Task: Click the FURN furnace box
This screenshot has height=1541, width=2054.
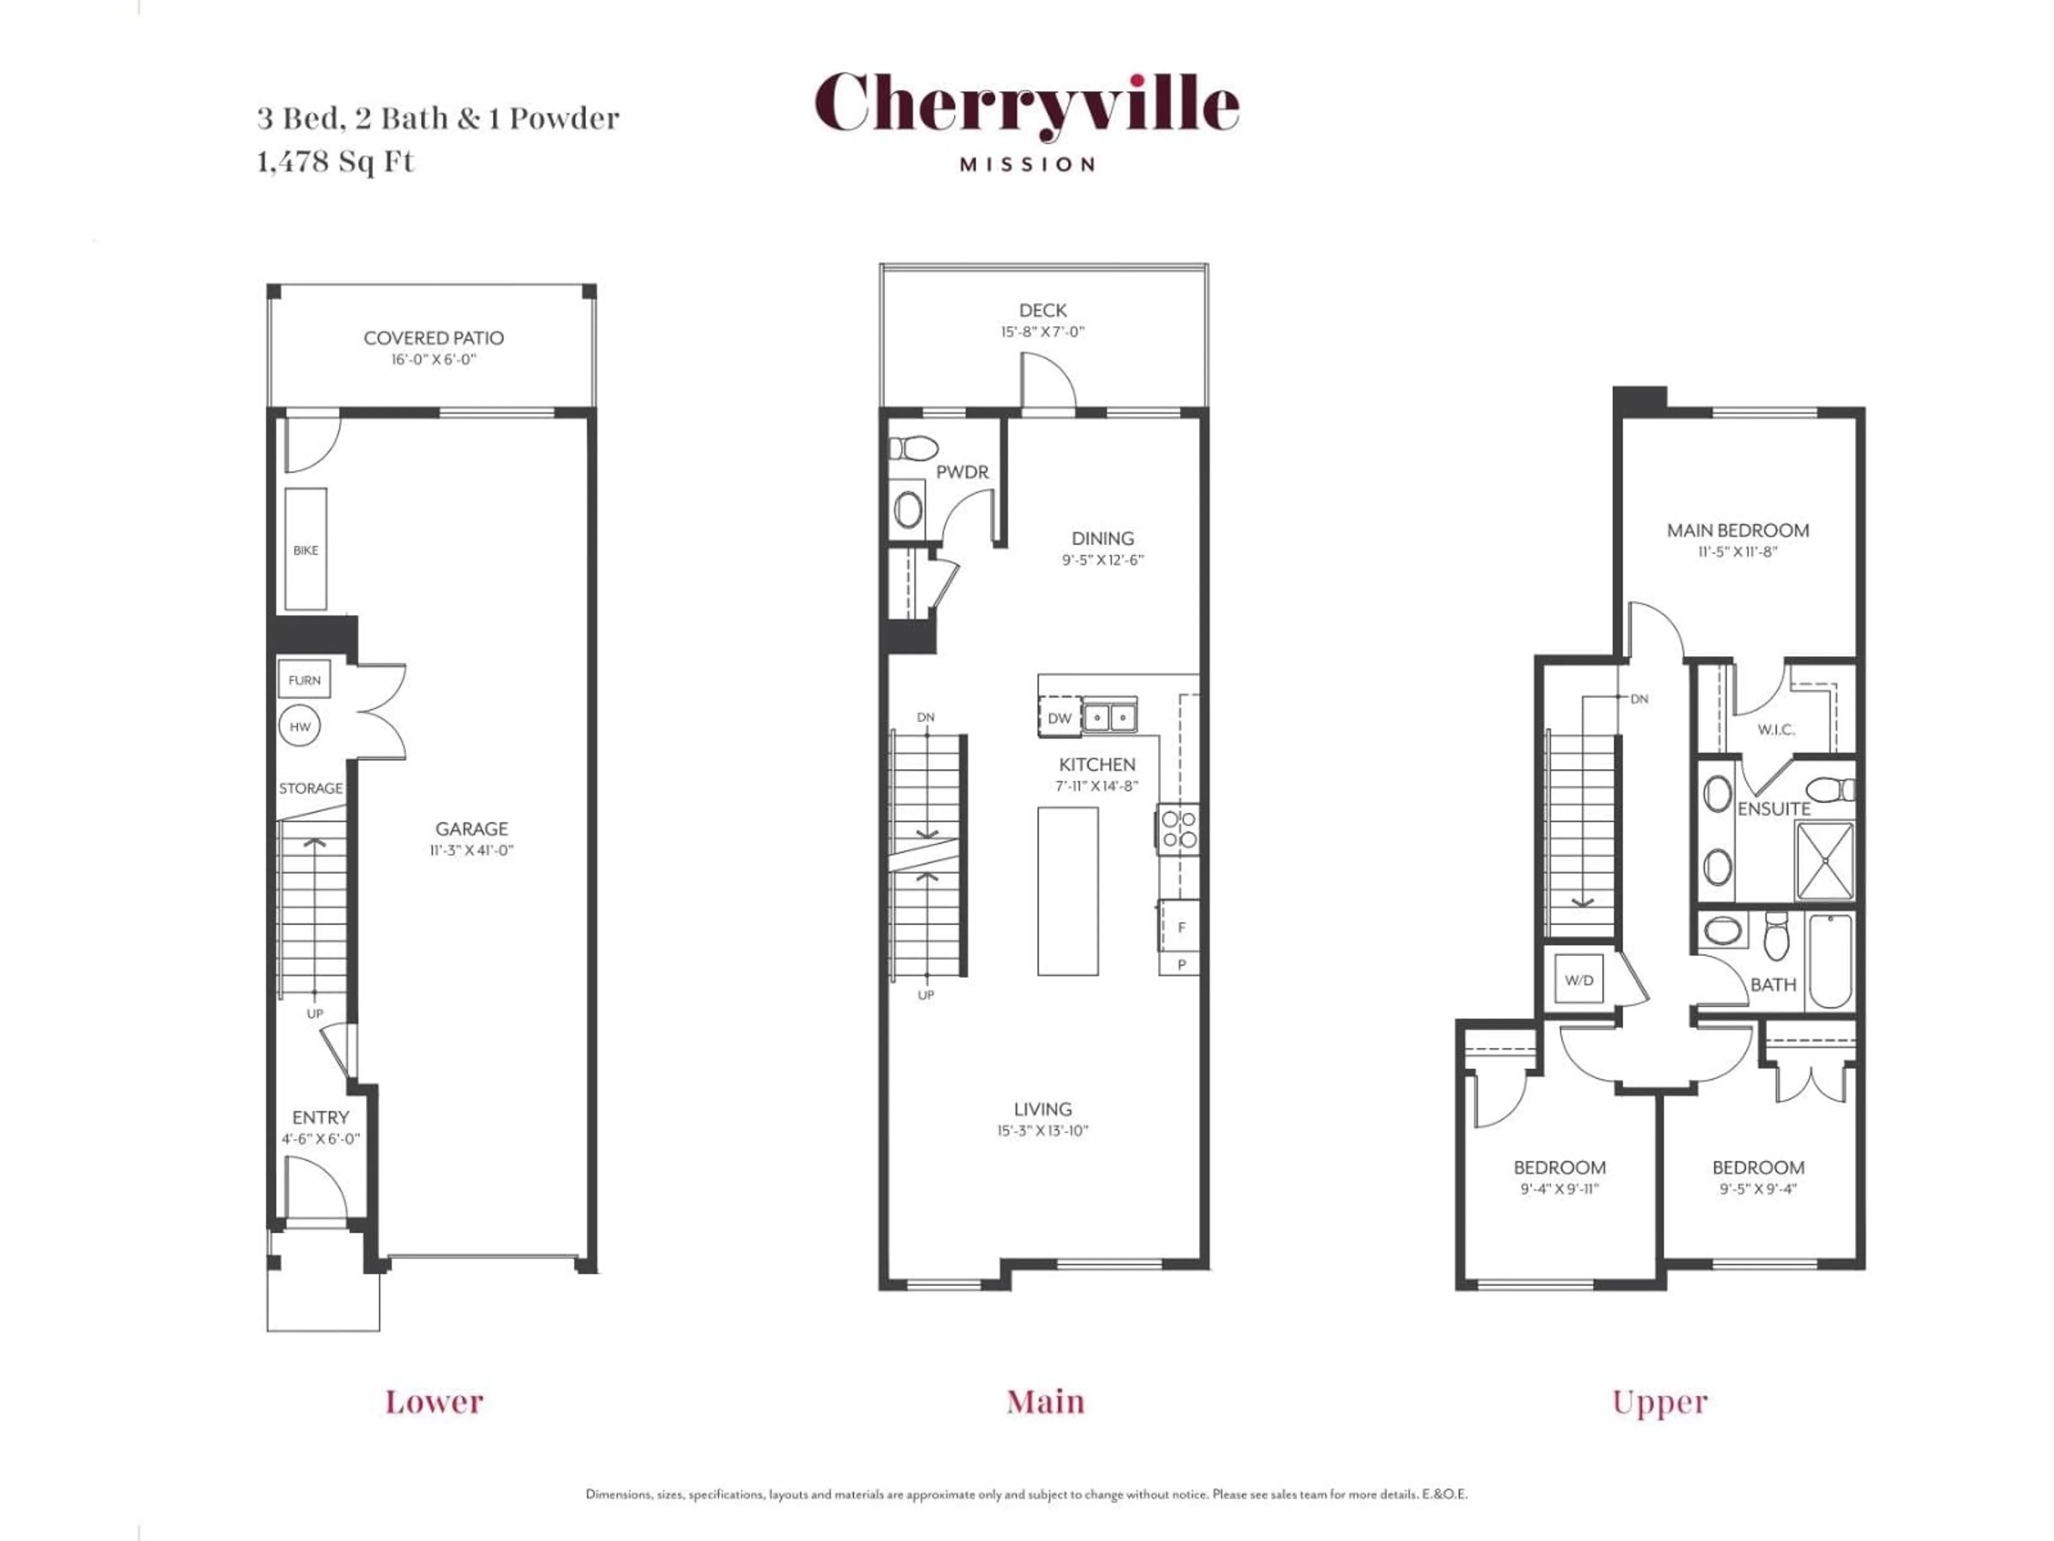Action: tap(304, 680)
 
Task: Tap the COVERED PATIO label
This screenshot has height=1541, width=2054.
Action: tap(434, 338)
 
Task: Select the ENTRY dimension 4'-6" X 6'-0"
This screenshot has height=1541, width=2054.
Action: tap(320, 1139)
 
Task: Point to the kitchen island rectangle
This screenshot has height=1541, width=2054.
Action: tap(1067, 891)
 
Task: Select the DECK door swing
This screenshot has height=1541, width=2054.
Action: tap(1047, 381)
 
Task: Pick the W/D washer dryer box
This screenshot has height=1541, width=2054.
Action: tap(1578, 980)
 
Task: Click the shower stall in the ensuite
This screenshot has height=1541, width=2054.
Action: tap(1825, 861)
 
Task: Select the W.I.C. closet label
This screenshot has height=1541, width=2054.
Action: tap(1775, 730)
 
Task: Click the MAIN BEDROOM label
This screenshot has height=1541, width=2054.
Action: tap(1737, 530)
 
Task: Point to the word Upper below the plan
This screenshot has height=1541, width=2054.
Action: tap(1659, 1402)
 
